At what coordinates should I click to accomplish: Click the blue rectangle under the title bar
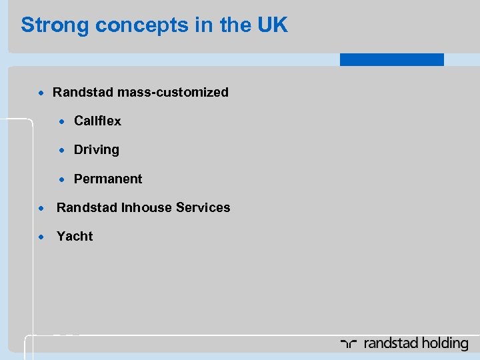pos(391,59)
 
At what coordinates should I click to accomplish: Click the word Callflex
pos(97,121)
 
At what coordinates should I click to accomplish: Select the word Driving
pos(97,149)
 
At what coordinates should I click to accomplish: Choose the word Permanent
pos(108,179)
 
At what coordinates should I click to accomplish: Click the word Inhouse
pos(146,207)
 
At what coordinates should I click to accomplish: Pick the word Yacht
pos(75,236)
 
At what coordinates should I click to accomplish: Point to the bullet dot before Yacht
pos(41,237)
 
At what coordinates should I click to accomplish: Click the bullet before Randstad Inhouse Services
pos(41,208)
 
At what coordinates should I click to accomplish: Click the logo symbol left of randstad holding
pos(349,344)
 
